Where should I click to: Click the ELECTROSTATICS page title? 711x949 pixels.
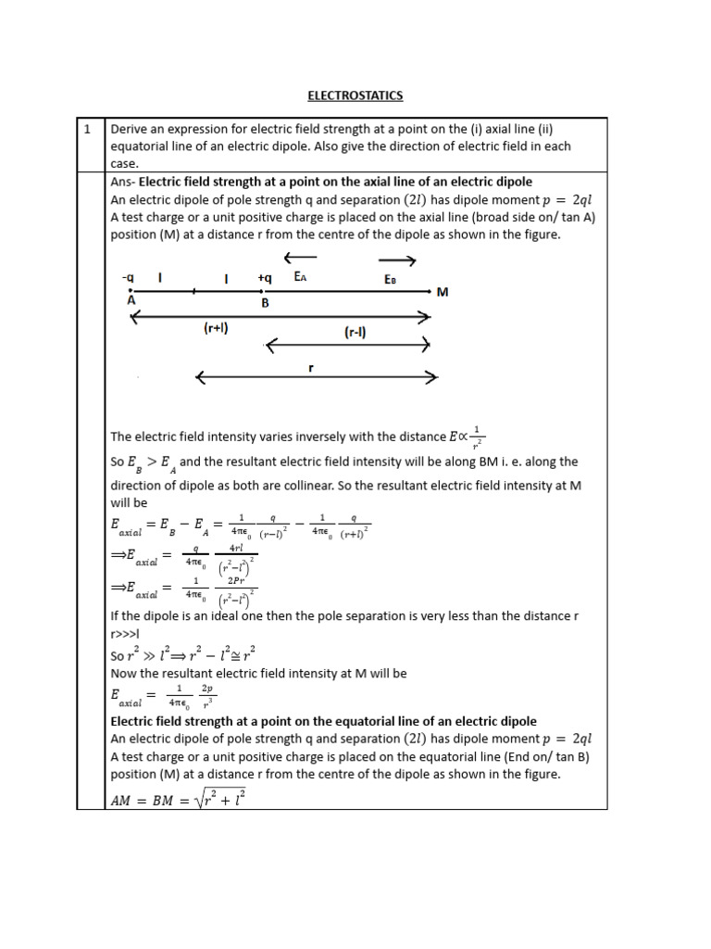pyautogui.click(x=356, y=95)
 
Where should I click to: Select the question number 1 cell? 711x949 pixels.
pyautogui.click(x=87, y=130)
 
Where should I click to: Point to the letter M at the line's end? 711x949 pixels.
pyautogui.click(x=442, y=292)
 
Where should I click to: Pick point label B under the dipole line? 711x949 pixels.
pyautogui.click(x=264, y=301)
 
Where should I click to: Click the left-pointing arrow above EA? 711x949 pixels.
pyautogui.click(x=300, y=257)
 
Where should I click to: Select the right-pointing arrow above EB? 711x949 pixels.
pyautogui.click(x=398, y=260)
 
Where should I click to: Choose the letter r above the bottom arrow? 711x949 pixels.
pyautogui.click(x=311, y=367)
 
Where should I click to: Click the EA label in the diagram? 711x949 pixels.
pyautogui.click(x=301, y=277)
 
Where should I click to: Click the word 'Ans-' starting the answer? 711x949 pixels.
pyautogui.click(x=123, y=181)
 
